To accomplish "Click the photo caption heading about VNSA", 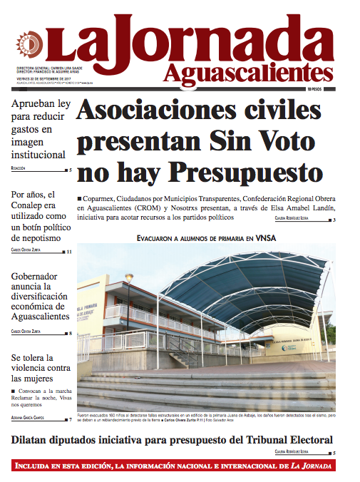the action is pos(206,237).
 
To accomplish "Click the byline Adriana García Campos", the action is pos(33,419).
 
